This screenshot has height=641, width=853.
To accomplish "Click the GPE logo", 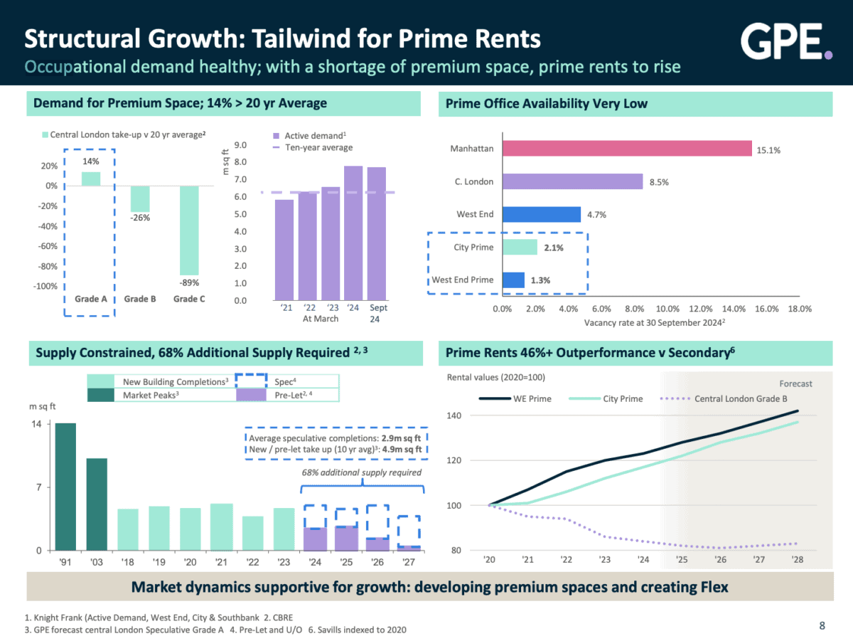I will (x=786, y=41).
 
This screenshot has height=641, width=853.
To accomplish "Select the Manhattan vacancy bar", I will (x=627, y=149).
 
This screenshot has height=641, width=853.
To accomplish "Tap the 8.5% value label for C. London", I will (x=659, y=182).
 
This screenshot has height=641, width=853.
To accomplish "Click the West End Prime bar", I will (x=513, y=280).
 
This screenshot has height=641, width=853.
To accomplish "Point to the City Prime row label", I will (x=473, y=248).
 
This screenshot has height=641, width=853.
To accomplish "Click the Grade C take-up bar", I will (x=189, y=230).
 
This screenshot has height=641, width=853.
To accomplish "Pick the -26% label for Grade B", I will (x=140, y=218).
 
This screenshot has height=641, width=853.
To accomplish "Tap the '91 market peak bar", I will (x=65, y=487).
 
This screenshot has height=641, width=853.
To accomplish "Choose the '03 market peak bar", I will (x=97, y=504).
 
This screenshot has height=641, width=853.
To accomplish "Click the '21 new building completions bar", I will (x=222, y=527).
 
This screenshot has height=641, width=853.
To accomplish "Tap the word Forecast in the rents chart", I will (x=795, y=383).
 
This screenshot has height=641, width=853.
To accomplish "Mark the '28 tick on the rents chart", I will (x=798, y=560).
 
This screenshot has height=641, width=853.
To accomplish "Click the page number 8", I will (x=822, y=626).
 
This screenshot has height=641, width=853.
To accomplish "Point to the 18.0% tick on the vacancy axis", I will (x=800, y=309).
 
